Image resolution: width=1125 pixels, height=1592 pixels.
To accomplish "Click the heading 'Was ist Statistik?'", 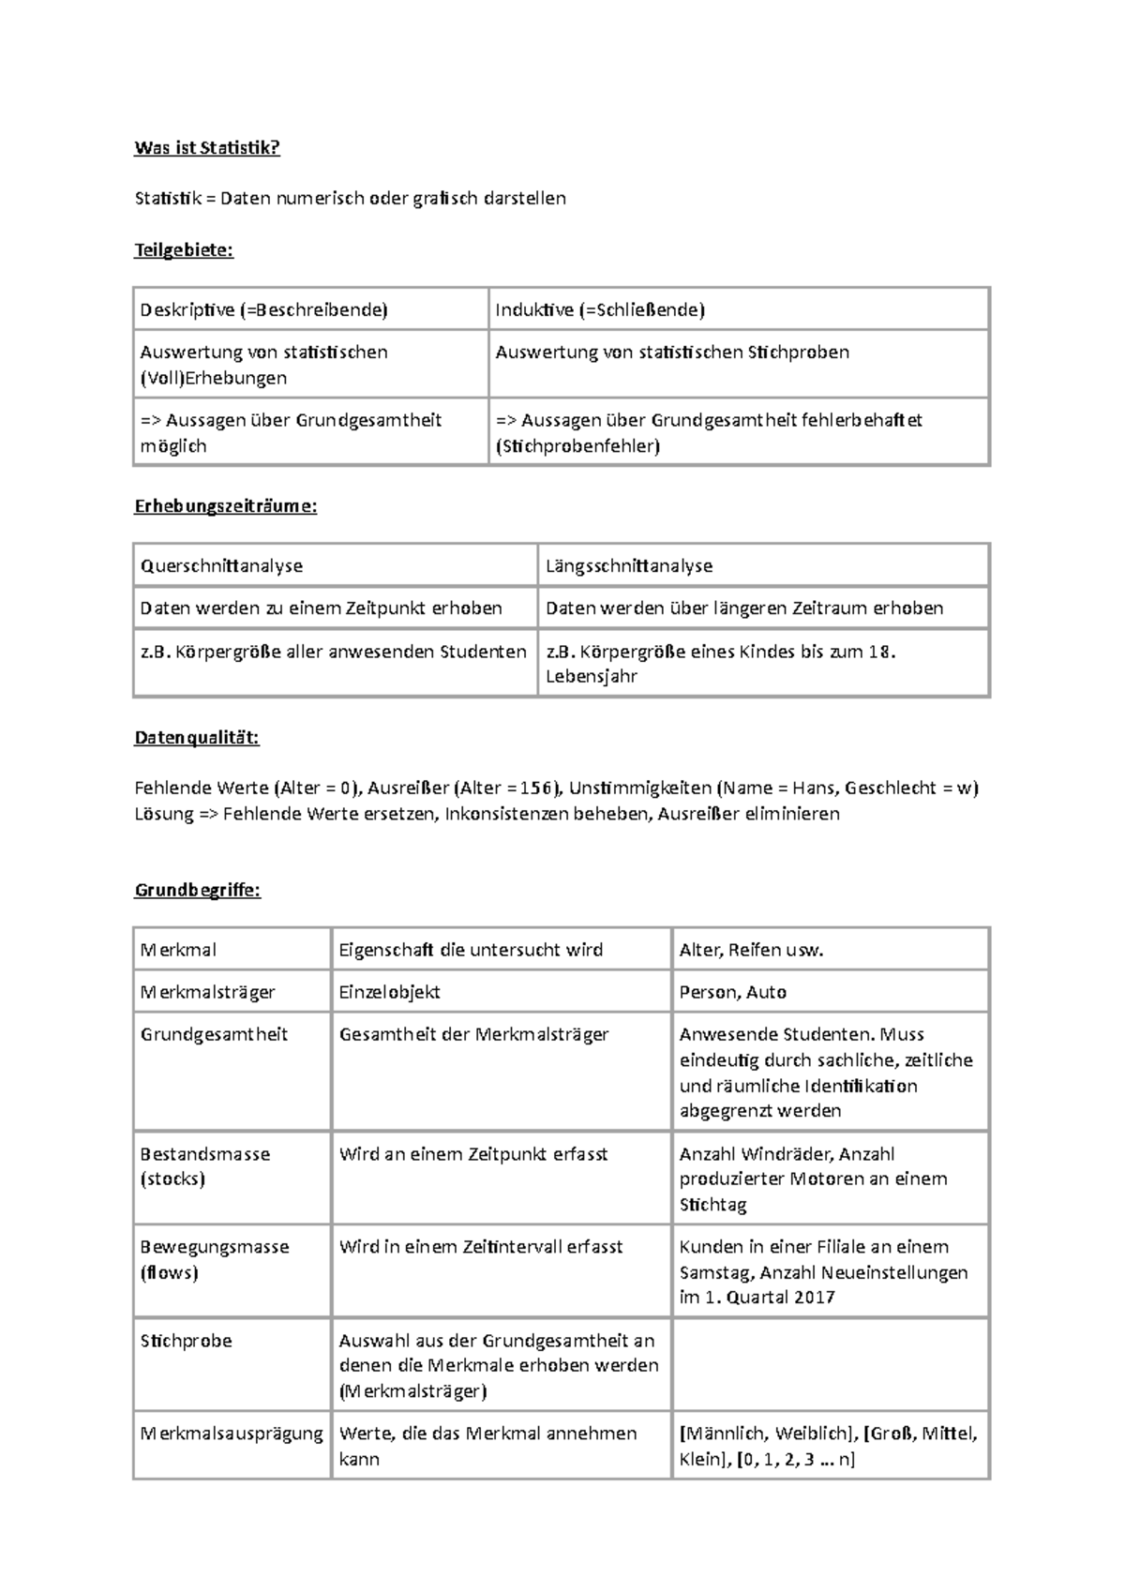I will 207,147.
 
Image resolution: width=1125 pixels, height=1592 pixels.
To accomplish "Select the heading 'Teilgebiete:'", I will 184,249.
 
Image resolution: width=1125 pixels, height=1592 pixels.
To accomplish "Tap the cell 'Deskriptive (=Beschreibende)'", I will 263,309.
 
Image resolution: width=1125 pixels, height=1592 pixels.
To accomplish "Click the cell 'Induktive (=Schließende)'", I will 600,309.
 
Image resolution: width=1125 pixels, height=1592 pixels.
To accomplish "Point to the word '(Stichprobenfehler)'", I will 577,446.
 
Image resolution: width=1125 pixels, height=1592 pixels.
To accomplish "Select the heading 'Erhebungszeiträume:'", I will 226,506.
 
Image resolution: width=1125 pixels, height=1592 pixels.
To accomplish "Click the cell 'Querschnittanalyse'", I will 221,565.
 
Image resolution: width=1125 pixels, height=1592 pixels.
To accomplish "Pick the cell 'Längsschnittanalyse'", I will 629,565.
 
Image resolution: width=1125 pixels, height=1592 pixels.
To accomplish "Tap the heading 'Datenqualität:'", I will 197,738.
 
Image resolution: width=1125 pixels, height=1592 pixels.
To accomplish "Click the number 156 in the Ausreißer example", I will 537,788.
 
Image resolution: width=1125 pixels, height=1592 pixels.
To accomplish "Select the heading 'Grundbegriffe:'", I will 198,890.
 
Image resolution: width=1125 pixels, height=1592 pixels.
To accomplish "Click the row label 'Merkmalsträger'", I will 207,992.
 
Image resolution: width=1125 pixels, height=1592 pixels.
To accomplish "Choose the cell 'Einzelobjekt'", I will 389,992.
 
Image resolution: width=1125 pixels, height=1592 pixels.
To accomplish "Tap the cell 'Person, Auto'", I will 732,992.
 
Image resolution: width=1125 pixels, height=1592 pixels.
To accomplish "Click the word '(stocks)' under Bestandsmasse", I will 172,1179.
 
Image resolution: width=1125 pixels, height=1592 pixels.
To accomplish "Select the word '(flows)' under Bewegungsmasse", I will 169,1272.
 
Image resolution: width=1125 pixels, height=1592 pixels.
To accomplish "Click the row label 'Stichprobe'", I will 186,1341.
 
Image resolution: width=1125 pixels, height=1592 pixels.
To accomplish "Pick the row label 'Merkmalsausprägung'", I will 231,1434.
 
